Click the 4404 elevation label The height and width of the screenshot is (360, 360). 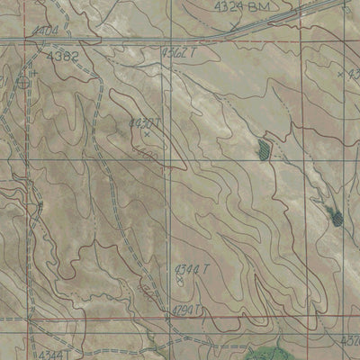pos(41,31)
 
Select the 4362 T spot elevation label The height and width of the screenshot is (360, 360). pos(178,54)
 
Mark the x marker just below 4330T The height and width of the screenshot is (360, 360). pos(147,134)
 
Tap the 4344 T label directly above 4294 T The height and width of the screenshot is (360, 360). pos(190,268)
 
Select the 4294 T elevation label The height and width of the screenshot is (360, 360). pos(185,310)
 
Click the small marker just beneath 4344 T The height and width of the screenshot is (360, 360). pos(179,281)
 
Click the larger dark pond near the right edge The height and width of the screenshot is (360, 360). pos(336,216)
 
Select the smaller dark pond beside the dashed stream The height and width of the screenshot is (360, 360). pos(264,148)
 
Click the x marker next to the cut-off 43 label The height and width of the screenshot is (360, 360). pos(341,72)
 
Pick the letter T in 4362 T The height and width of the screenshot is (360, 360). pos(193,54)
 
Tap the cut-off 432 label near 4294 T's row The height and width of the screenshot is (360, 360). pos(350,341)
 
